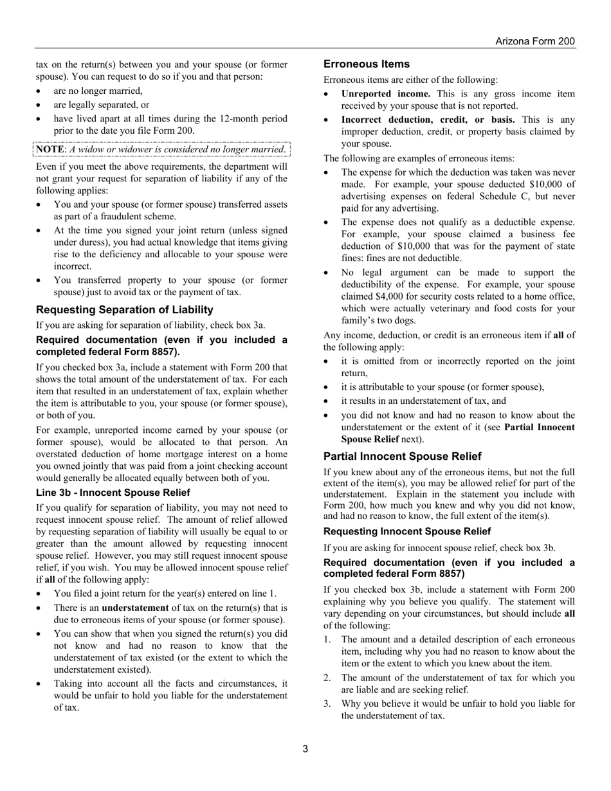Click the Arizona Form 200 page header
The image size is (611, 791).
535,41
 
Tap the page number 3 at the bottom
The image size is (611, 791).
305,749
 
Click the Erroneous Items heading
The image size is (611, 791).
367,64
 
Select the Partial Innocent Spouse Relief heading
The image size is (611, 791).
403,457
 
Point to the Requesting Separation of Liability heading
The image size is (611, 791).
125,310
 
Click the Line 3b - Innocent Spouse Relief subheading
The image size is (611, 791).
113,493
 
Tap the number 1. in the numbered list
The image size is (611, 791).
327,639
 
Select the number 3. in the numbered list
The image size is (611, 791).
327,704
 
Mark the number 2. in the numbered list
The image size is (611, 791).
327,678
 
